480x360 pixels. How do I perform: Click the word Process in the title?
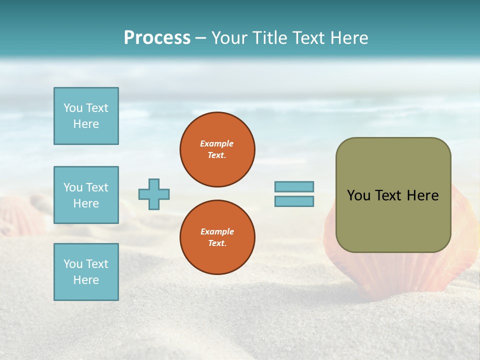point(157,38)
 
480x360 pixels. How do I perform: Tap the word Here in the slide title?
point(349,38)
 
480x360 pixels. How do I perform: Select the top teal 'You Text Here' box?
point(86,116)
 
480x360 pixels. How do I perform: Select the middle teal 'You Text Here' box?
point(86,195)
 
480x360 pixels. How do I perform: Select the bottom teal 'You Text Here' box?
point(86,272)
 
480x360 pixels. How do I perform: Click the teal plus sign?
point(153,194)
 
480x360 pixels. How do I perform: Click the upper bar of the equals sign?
point(294,186)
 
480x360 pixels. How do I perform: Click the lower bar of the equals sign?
point(294,201)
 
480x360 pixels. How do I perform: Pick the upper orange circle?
point(217,149)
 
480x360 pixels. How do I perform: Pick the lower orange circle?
point(217,237)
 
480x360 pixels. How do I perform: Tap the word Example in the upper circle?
point(217,143)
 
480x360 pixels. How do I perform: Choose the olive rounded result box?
point(393,195)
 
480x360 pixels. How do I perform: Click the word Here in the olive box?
point(422,195)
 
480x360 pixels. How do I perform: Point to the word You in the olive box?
point(358,195)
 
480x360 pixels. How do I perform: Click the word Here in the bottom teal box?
point(86,280)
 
